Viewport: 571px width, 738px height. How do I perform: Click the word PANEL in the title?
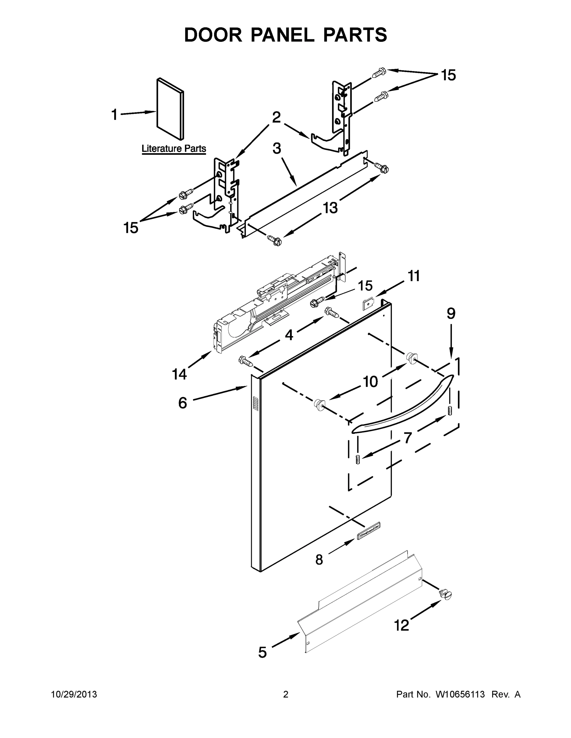click(x=282, y=35)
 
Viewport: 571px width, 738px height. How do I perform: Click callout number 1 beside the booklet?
click(x=115, y=115)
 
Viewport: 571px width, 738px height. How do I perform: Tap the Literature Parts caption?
click(x=174, y=149)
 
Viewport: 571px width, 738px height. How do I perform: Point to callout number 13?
click(x=330, y=208)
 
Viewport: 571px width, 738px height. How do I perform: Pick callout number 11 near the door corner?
click(x=414, y=276)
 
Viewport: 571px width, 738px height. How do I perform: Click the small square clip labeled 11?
click(x=368, y=305)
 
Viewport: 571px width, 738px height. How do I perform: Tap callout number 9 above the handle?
click(x=451, y=314)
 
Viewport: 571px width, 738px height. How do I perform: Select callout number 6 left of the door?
click(x=183, y=403)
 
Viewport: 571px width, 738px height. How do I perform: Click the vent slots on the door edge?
click(x=256, y=404)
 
